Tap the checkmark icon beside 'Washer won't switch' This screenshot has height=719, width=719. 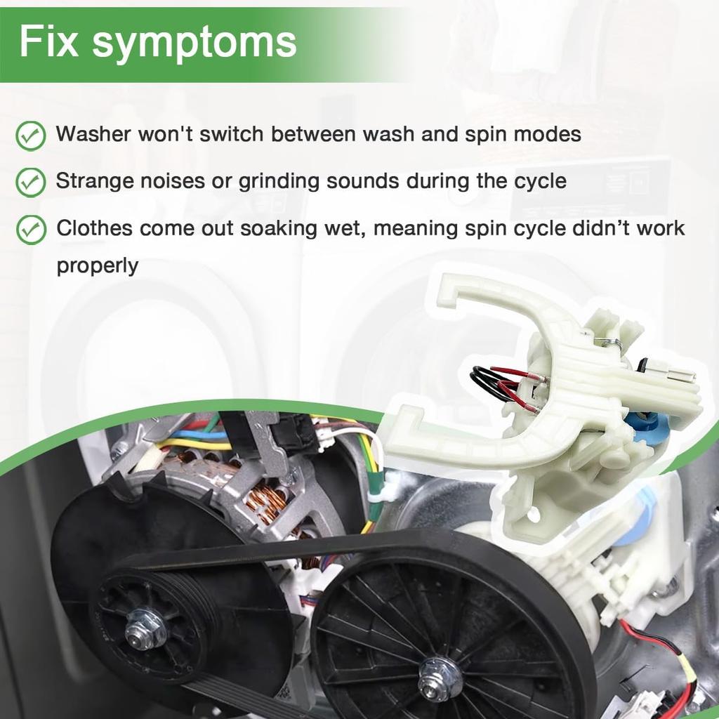click(31, 135)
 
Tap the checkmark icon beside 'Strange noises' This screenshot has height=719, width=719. click(31, 182)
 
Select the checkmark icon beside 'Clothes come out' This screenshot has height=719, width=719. click(31, 230)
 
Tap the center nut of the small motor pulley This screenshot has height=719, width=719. click(145, 627)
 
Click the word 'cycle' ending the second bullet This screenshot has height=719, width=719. click(540, 181)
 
